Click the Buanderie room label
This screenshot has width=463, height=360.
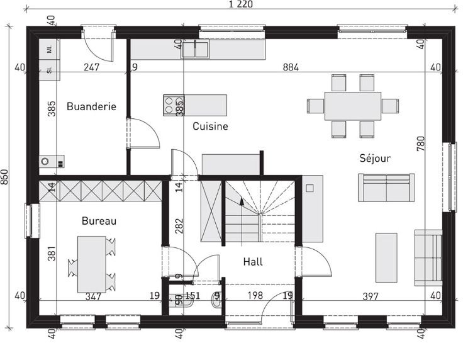point(91,106)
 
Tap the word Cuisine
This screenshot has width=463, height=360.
point(210,127)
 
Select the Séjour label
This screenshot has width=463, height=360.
point(375,158)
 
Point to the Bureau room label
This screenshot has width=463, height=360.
point(99,221)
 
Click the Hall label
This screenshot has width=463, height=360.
point(253,262)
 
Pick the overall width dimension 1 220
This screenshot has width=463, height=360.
point(241,4)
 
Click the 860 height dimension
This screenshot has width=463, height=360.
point(4,177)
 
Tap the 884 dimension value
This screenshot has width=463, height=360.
point(291,67)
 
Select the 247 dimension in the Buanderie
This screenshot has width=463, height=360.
point(92,67)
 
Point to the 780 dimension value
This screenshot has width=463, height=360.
point(421,144)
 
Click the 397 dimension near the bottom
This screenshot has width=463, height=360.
point(371,296)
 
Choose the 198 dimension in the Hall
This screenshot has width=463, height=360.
point(255,295)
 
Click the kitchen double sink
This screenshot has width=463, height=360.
point(195,49)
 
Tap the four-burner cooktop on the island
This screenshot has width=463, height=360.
point(174,105)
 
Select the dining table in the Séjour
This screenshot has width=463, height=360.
point(352,106)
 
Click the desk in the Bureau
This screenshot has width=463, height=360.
point(92,264)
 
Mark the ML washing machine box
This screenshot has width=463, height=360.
point(49,49)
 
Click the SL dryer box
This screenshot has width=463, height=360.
point(49,70)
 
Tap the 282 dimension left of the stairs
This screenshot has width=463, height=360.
point(179,226)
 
